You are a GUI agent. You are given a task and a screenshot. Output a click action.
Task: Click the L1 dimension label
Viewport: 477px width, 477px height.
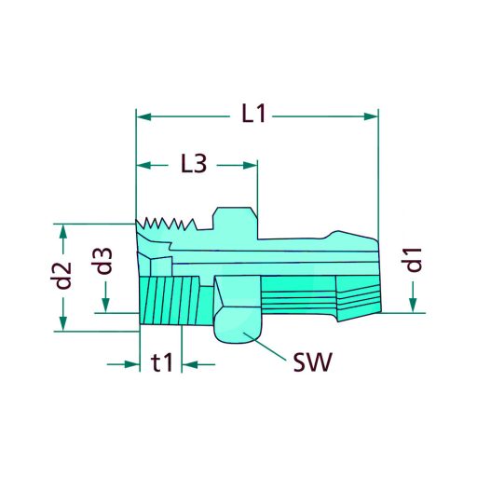pyautogui.click(x=253, y=116)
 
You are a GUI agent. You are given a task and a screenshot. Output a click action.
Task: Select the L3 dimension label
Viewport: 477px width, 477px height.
pyautogui.click(x=193, y=165)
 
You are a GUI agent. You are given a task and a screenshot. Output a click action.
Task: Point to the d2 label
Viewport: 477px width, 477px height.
pyautogui.click(x=62, y=276)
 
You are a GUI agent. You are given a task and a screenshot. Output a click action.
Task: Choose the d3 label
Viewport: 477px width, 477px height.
pyautogui.click(x=105, y=260)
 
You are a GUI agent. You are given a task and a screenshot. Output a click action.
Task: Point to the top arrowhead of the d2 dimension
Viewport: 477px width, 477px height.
pyautogui.click(x=62, y=230)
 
